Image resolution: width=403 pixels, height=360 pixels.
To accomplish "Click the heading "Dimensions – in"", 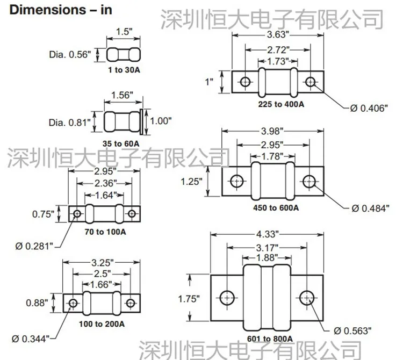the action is point(61,10).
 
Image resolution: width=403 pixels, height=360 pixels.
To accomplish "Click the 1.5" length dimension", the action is point(124,32).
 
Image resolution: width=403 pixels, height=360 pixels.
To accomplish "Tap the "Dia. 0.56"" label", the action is point(70,54).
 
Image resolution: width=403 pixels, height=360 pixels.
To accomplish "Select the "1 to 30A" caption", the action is point(124,70).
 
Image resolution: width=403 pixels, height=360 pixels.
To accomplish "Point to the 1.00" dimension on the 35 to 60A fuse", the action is point(161,121).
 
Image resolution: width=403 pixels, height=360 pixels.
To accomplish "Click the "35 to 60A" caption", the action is point(121,143).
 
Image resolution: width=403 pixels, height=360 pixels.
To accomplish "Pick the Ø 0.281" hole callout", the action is point(34,246).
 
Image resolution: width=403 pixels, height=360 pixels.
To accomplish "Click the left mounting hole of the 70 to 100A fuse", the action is point(77,213).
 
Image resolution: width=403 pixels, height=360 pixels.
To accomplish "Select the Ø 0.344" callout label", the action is point(30,339).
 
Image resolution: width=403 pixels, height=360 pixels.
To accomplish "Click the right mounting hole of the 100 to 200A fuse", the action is point(131,303).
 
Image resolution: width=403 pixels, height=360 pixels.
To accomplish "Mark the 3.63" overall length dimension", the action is point(278,34).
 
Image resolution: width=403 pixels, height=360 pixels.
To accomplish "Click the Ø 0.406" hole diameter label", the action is point(369,108).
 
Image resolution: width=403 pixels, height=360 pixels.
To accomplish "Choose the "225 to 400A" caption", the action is point(281,104).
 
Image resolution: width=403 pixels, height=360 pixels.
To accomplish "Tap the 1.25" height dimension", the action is point(191,182).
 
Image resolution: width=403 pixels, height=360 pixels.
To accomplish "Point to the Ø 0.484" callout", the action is point(370,208).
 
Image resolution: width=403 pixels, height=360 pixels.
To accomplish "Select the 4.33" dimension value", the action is point(267,234).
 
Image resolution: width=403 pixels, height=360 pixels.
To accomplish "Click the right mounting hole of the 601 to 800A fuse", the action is point(307,298).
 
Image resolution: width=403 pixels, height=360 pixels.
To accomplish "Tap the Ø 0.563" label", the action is point(352,330).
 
